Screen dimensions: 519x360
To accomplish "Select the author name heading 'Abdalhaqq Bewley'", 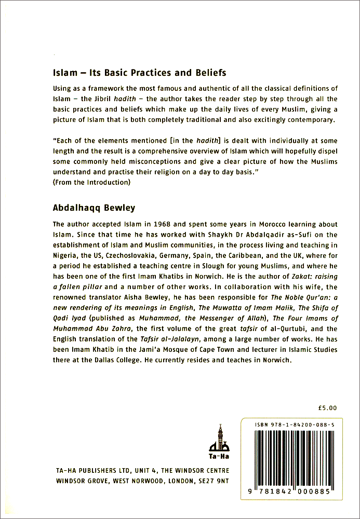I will click(94, 208).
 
